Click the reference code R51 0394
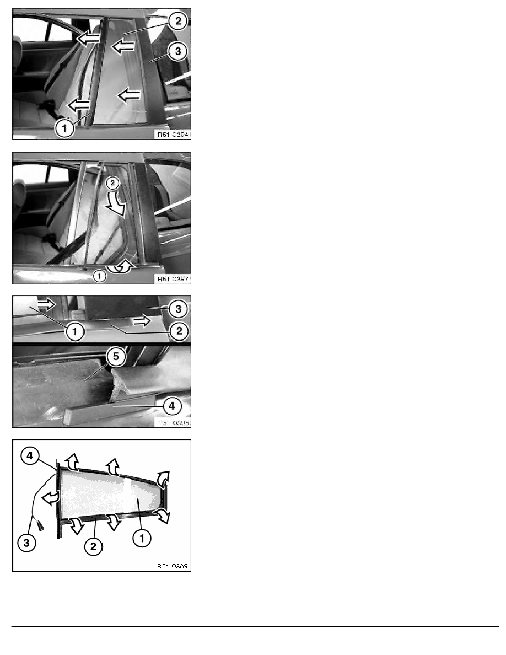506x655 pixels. [x=173, y=135]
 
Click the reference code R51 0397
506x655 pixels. [x=173, y=278]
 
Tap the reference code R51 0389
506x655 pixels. [x=173, y=566]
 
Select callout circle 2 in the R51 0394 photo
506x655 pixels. [x=178, y=20]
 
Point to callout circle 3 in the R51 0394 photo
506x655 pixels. [x=178, y=51]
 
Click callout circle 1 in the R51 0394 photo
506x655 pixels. [x=64, y=128]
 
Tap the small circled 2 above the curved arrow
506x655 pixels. [x=112, y=182]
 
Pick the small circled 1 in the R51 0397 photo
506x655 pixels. [x=99, y=276]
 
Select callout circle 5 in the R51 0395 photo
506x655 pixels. [x=116, y=356]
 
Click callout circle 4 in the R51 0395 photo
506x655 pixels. [x=171, y=406]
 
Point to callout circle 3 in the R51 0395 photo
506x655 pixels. [x=178, y=309]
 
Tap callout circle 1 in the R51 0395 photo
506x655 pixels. [x=75, y=332]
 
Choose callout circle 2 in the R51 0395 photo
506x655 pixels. [x=179, y=331]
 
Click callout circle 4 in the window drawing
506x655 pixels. [x=30, y=456]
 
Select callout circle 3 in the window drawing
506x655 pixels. [x=26, y=543]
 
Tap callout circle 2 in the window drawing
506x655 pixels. [x=93, y=546]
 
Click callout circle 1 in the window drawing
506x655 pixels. [x=142, y=538]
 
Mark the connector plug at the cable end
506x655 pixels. [x=40, y=525]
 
